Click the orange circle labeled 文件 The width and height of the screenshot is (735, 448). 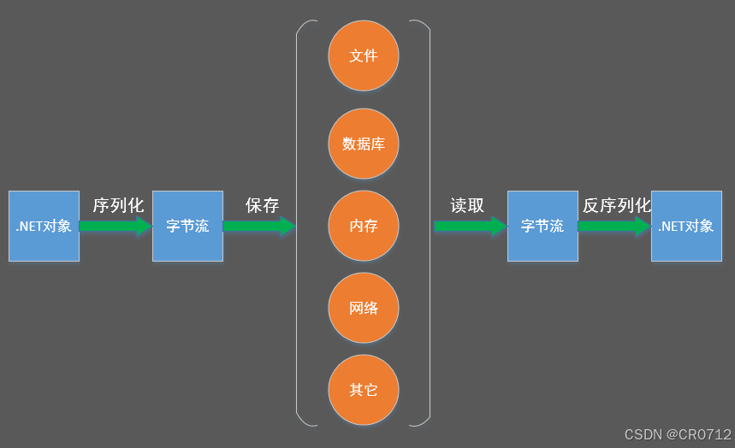click(364, 56)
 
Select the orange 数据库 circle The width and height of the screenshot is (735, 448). click(364, 144)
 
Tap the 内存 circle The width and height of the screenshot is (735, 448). click(364, 226)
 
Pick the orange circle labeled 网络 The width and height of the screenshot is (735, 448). click(364, 308)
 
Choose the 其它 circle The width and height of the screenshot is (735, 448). click(364, 390)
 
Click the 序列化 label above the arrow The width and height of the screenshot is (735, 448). click(118, 205)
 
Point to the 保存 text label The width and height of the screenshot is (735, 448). click(262, 205)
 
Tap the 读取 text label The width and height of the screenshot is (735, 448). click(467, 205)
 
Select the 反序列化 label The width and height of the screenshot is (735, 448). click(616, 205)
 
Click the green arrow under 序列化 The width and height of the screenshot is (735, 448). click(116, 227)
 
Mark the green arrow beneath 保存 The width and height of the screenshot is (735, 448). click(259, 227)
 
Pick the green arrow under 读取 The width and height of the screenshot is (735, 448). click(470, 227)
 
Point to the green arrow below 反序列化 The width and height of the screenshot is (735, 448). click(613, 227)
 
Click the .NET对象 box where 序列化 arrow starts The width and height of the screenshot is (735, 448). click(44, 226)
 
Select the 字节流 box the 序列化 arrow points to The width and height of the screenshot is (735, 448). click(187, 226)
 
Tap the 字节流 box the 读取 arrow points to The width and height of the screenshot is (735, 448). click(542, 226)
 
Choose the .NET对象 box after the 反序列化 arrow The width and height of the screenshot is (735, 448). click(686, 226)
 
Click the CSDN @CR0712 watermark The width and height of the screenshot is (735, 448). click(678, 434)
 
